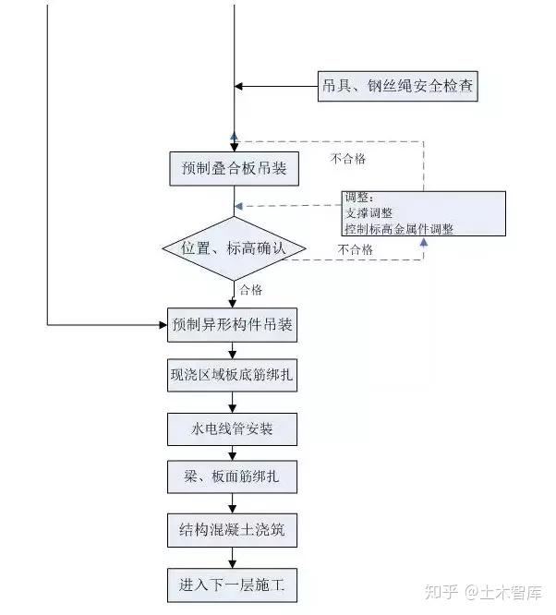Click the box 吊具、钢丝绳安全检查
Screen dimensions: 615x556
[x=399, y=87]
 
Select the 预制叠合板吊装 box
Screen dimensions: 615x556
[x=235, y=169]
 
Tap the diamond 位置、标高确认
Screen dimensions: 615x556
[x=235, y=248]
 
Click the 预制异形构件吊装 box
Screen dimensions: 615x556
[x=235, y=326]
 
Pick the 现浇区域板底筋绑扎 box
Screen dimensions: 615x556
[x=235, y=377]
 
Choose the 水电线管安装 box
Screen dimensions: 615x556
[x=235, y=429]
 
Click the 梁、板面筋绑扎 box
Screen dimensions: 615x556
[x=235, y=480]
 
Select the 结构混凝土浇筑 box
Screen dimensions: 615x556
[x=235, y=532]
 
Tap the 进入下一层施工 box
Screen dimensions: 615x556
[x=235, y=585]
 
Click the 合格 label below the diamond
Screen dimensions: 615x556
[x=251, y=290]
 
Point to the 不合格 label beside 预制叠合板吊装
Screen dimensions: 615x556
[x=347, y=159]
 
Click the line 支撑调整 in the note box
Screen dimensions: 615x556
[x=368, y=212]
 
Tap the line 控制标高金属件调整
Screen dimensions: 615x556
[x=398, y=228]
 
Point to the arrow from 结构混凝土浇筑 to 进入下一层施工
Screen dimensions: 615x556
[x=235, y=558]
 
